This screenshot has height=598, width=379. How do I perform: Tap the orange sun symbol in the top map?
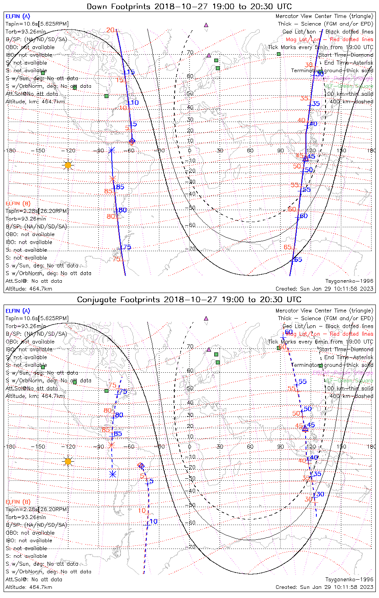tap(68, 165)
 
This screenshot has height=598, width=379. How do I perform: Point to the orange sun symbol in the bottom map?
tap(68, 461)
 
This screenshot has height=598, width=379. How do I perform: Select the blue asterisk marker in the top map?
tap(112, 150)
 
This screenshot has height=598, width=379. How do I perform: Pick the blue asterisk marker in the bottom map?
tap(113, 474)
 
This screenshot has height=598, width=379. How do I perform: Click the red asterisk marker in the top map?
tap(113, 179)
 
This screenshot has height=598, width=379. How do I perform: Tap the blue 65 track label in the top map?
tap(298, 260)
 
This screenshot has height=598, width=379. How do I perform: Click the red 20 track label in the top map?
tap(110, 30)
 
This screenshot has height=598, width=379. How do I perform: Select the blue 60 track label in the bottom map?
tap(288, 332)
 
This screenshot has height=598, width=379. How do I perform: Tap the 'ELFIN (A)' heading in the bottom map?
tap(18, 311)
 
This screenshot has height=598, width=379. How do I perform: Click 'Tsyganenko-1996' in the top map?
tap(349, 281)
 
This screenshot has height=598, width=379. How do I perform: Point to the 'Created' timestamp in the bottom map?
tap(324, 587)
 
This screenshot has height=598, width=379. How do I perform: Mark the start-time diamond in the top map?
tap(132, 141)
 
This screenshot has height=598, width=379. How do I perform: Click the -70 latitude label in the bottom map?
tap(191, 547)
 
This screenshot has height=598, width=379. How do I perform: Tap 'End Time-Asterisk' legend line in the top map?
tap(348, 63)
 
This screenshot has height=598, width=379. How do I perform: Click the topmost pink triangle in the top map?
tap(206, 25)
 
